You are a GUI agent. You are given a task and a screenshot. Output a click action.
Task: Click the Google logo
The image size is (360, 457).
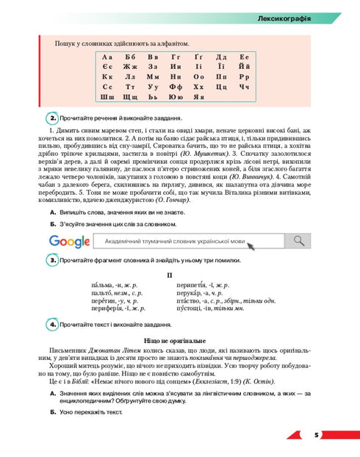pos(69,241)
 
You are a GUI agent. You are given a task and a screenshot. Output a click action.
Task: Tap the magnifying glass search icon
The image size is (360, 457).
pos(298,241)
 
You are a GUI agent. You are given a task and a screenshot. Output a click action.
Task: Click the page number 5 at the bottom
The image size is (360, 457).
pos(317,435)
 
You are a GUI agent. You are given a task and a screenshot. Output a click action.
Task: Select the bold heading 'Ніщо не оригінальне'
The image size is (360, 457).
pos(179,341)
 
